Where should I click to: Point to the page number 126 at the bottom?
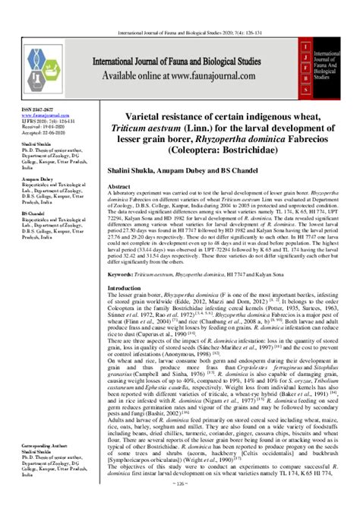pyautogui.click(x=180, y=503)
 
